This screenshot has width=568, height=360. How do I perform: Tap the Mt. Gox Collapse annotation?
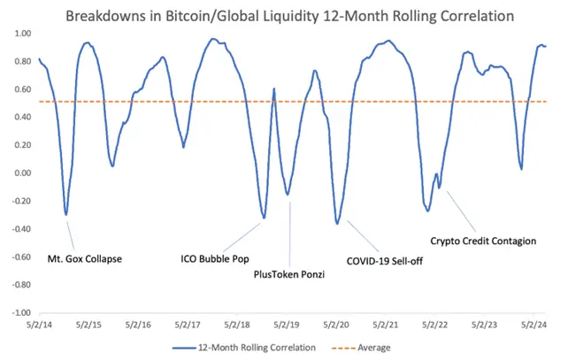(x=84, y=259)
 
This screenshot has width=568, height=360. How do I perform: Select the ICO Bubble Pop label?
(x=215, y=259)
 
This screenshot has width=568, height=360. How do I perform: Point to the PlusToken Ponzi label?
(x=283, y=275)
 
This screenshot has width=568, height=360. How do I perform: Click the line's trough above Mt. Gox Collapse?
(x=66, y=213)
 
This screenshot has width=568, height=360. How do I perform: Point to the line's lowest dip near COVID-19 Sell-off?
(x=337, y=223)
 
